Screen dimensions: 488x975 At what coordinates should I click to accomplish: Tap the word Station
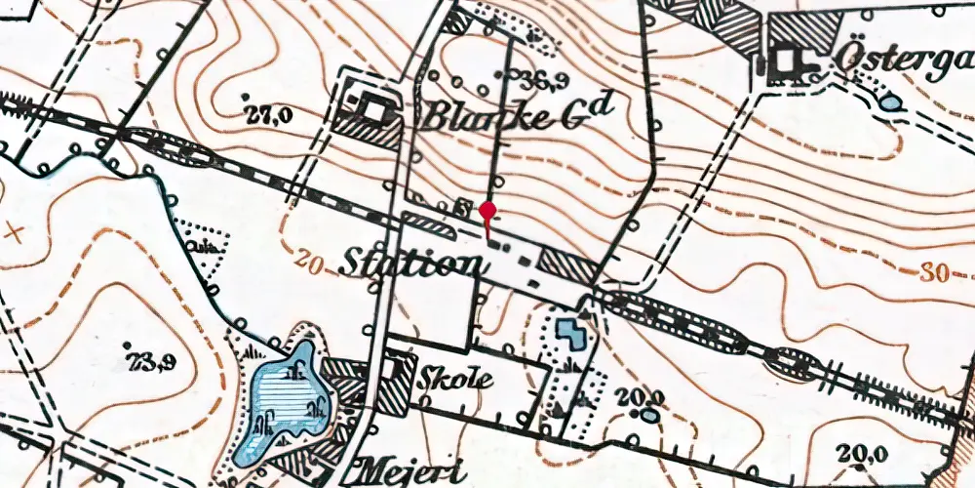[410, 264]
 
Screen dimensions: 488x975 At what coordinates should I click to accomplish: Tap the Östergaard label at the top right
[902, 61]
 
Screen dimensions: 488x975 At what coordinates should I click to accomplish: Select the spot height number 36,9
[522, 79]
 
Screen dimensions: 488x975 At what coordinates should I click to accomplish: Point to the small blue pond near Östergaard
[891, 101]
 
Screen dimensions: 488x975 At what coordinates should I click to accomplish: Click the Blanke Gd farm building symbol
[370, 110]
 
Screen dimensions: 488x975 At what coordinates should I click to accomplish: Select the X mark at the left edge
[12, 231]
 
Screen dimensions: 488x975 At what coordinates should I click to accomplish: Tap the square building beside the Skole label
[399, 370]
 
